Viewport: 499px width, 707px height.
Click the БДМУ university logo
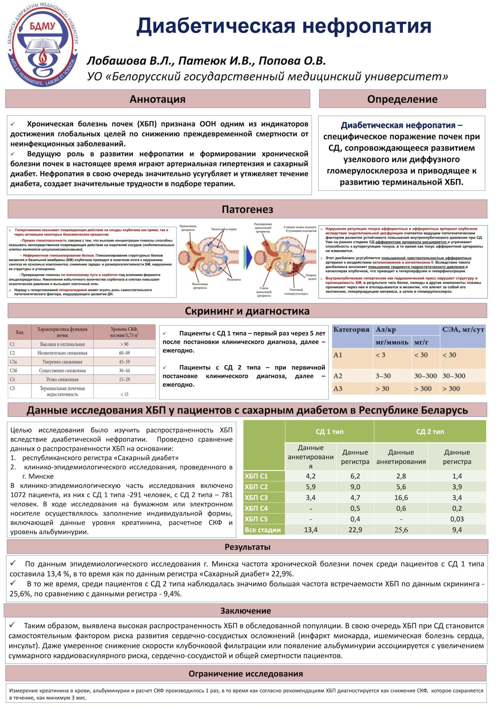click(x=43, y=45)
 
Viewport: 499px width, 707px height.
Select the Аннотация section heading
click(x=158, y=99)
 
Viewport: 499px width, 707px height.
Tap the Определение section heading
click(x=402, y=99)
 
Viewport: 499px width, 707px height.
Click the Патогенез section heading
click(x=247, y=210)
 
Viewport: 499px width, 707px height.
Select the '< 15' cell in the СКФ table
click(x=124, y=394)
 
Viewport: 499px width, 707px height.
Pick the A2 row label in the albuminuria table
click(x=338, y=376)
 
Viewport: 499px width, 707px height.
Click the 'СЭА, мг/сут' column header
click(x=463, y=330)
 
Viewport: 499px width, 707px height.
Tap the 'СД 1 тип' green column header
click(x=329, y=432)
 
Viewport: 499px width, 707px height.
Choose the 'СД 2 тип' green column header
click(x=430, y=432)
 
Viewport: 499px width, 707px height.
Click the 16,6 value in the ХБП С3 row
click(x=401, y=497)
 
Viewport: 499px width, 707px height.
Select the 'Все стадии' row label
click(x=263, y=530)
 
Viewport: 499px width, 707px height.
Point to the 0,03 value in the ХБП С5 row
click(x=457, y=519)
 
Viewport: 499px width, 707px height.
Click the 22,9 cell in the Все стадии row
click(x=355, y=530)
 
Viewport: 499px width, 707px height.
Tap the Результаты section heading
click(x=247, y=547)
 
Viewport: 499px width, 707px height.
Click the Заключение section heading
click(x=246, y=611)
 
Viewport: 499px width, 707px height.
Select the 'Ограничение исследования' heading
click(x=246, y=674)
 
